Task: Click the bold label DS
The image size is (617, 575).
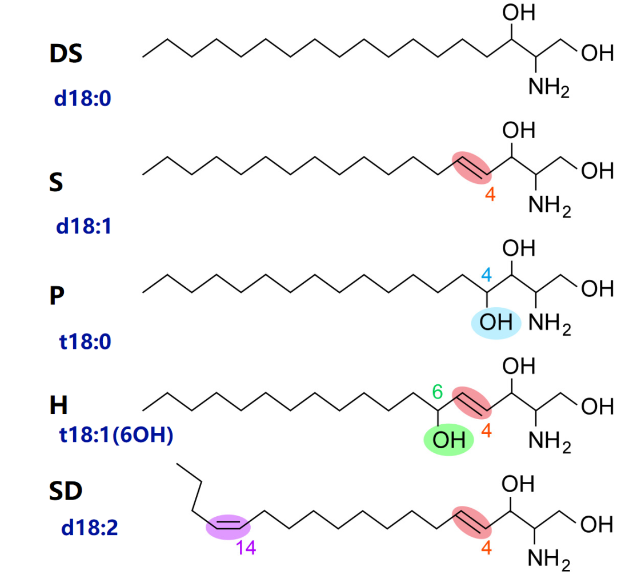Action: pos(66,55)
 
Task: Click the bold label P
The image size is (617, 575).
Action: pos(56,297)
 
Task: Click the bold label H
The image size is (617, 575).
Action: pos(58,406)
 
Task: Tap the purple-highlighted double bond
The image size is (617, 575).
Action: pos(227,526)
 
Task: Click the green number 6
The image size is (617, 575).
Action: pos(437,392)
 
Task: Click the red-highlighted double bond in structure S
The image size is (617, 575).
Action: pos(471,167)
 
